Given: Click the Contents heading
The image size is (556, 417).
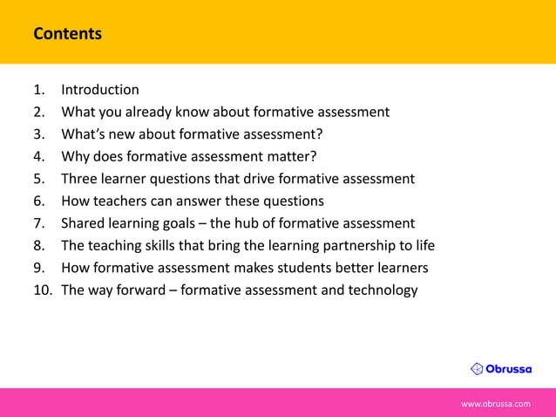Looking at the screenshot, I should (67, 34).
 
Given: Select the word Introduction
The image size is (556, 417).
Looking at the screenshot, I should (99, 89).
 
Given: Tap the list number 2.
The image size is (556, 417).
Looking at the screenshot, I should (38, 112).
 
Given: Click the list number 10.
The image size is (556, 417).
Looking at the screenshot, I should (42, 290).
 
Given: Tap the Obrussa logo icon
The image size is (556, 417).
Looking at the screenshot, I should (477, 368).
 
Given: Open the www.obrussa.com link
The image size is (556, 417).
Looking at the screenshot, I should (495, 404).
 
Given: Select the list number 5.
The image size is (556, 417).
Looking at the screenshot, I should (38, 179).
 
